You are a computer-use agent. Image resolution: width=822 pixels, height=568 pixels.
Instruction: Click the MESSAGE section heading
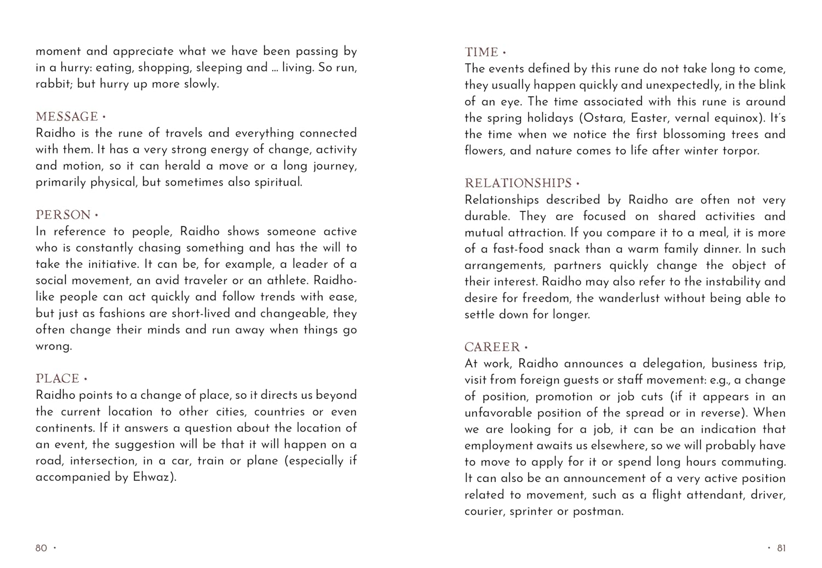(x=67, y=117)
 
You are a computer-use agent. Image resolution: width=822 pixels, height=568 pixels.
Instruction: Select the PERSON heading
(x=63, y=215)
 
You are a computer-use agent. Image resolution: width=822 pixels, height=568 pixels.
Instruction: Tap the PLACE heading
(x=58, y=378)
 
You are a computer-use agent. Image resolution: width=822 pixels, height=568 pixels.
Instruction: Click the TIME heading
(x=482, y=52)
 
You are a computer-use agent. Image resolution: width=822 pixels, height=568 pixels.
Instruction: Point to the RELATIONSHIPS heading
(x=518, y=183)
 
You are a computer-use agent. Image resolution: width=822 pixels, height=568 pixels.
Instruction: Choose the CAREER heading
(x=492, y=347)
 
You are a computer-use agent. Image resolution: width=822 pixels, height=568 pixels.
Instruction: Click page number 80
(x=42, y=548)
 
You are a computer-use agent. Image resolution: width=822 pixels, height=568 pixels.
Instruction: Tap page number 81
(x=781, y=548)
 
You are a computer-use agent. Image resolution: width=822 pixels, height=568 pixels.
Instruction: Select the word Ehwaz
(x=153, y=477)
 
